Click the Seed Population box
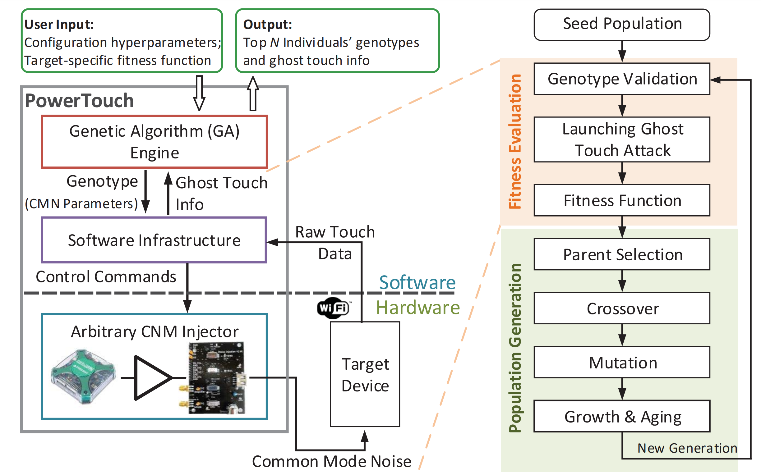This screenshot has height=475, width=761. pos(621,25)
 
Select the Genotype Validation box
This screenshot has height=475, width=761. pos(621,79)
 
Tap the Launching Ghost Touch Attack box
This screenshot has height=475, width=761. pos(621,139)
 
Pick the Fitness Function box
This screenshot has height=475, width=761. pos(621,200)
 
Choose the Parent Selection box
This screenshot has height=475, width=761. pos(621,254)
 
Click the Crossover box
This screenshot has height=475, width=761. pos(621,308)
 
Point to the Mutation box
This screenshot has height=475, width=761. pos(621,362)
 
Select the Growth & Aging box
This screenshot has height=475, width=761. pos(621,416)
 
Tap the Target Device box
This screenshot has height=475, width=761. pos(365,374)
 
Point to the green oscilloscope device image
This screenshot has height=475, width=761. pos(83,376)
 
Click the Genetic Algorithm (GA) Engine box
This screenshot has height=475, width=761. pos(154,142)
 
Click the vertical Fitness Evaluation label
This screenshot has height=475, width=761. pos(514,141)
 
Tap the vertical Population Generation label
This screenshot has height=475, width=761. pos(514,348)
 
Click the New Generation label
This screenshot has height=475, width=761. pos(687,448)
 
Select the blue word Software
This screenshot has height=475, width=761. pos(417,282)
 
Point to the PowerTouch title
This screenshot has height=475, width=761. pos(79,101)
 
